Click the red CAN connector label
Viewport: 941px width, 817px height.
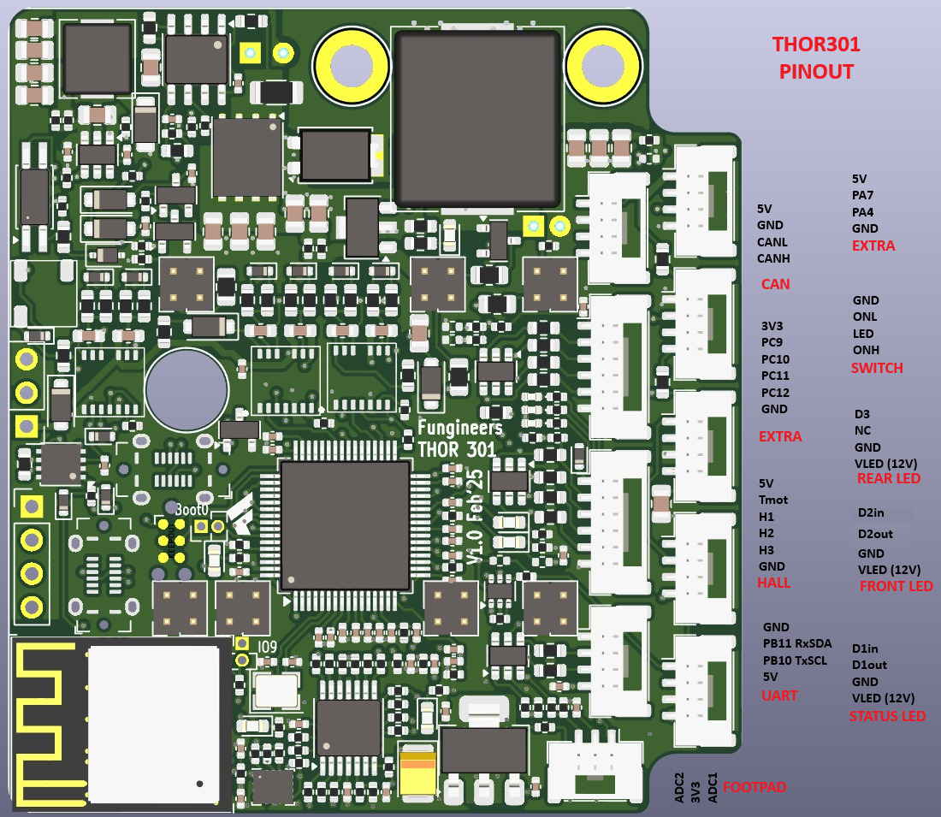pyautogui.click(x=775, y=284)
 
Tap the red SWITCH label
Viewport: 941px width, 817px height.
pyautogui.click(x=877, y=368)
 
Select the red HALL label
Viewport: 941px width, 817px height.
pyautogui.click(x=773, y=583)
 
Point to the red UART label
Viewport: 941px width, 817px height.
pyautogui.click(x=779, y=696)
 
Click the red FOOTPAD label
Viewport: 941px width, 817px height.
pyautogui.click(x=755, y=787)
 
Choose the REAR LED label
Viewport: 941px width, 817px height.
pyautogui.click(x=889, y=478)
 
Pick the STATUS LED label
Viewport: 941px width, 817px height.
pyautogui.click(x=887, y=716)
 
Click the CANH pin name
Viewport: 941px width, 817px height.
pyautogui.click(x=773, y=258)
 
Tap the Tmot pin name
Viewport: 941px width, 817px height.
pyautogui.click(x=773, y=500)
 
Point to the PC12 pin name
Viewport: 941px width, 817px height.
pyautogui.click(x=775, y=393)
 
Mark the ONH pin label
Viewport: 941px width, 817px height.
pyautogui.click(x=866, y=350)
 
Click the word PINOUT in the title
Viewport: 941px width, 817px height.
pyautogui.click(x=816, y=72)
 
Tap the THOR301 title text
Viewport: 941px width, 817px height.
pyautogui.click(x=816, y=44)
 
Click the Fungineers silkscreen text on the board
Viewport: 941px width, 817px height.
pyautogui.click(x=459, y=427)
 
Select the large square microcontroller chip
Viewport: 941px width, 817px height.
pyautogui.click(x=345, y=524)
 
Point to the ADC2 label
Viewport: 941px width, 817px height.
pyautogui.click(x=679, y=785)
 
